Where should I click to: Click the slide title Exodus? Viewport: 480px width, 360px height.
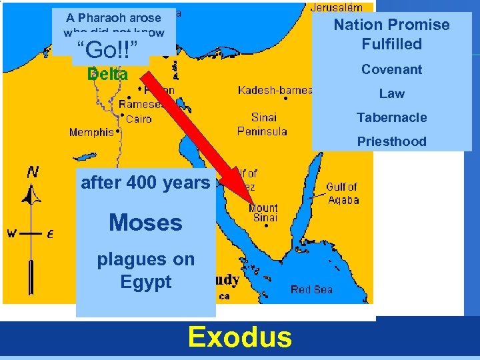[240, 337]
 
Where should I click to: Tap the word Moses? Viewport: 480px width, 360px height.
[145, 223]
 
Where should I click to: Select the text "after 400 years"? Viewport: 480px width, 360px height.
[145, 182]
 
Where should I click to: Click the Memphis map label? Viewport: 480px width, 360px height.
[91, 133]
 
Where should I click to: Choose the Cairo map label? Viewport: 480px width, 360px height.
[139, 119]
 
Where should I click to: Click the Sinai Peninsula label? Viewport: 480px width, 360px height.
[262, 125]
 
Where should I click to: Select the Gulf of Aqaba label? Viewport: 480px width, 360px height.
[342, 193]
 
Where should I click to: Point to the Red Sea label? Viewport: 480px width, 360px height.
[311, 289]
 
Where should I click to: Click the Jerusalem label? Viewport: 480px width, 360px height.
[337, 7]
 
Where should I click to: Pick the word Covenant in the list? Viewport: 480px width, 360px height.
[391, 69]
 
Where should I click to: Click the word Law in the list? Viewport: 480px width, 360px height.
[391, 93]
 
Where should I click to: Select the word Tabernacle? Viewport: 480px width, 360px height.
[391, 117]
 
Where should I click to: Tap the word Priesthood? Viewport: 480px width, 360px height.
[391, 141]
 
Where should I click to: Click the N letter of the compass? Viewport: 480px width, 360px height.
[32, 172]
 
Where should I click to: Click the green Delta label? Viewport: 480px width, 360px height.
[108, 75]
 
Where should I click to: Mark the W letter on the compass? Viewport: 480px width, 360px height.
[11, 233]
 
